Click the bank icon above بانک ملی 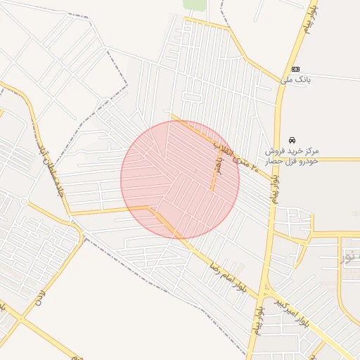pos(296,69)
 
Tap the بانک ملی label pos(295,80)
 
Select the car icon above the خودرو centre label pos(292,140)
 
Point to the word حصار pos(275,161)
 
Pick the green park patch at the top pos(195,4)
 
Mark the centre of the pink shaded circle pos(180,180)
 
